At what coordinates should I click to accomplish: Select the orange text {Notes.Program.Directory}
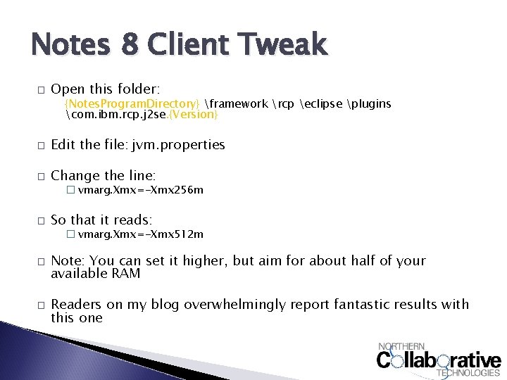(x=132, y=104)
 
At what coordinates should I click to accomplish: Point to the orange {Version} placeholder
(x=191, y=114)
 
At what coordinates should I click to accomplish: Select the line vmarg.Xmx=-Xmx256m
(x=141, y=190)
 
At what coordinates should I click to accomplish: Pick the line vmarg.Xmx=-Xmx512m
(x=141, y=234)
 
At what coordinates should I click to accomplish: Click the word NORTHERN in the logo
(x=402, y=346)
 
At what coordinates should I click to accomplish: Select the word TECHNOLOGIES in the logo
(x=469, y=373)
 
